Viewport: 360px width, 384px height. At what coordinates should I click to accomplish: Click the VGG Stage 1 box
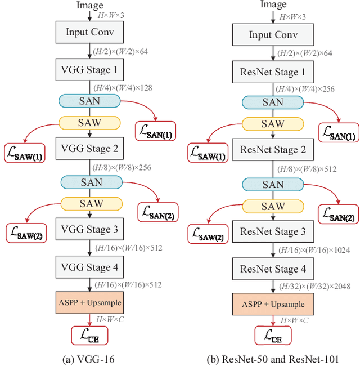(x=89, y=70)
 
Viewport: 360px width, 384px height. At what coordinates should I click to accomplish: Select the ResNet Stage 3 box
(x=273, y=232)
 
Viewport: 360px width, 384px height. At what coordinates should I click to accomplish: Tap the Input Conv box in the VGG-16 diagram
(x=89, y=32)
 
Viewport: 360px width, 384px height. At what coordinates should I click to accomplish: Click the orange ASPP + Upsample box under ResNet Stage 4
(x=273, y=304)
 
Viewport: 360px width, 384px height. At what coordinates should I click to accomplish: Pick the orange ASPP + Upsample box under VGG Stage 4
(x=89, y=302)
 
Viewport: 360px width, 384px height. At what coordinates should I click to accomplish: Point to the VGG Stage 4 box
(x=89, y=266)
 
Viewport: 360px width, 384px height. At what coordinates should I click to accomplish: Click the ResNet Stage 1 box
(x=273, y=72)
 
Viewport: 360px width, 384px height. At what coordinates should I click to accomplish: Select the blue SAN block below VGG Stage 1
(x=89, y=101)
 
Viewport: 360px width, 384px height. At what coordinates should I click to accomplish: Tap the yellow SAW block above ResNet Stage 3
(x=273, y=207)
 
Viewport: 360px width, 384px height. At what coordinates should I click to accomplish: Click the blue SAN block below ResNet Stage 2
(x=273, y=184)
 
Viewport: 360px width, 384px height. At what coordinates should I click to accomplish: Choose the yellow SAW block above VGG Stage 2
(x=89, y=123)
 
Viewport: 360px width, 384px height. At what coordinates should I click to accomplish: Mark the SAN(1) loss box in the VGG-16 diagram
(x=156, y=131)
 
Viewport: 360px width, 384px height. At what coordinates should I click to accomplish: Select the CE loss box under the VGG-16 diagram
(x=89, y=336)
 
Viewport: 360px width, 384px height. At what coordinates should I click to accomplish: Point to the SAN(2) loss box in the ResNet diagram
(x=338, y=213)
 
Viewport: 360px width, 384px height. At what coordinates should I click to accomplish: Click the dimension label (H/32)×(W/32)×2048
(x=314, y=287)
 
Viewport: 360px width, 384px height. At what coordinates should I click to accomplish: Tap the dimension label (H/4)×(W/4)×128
(x=123, y=88)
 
